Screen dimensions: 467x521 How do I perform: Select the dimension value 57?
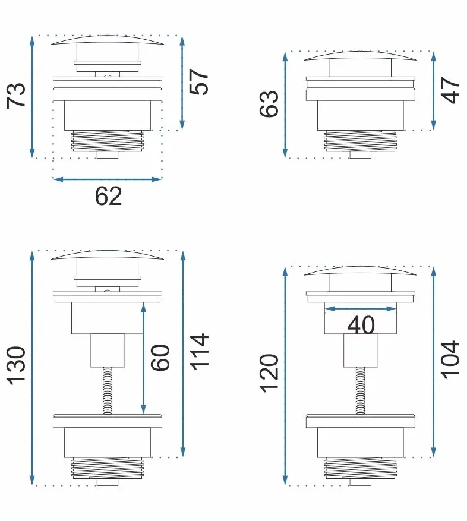point(199,82)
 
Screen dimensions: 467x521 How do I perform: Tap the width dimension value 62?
point(108,197)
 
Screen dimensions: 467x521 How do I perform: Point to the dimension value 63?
point(269,103)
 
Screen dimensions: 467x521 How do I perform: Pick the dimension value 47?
point(450,90)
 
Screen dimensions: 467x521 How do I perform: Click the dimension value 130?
point(16,366)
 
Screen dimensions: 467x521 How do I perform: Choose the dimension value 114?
point(199,352)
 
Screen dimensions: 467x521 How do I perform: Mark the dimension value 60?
point(160,358)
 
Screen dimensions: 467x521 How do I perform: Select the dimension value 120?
point(269,374)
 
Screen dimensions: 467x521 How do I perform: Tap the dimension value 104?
point(450,359)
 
